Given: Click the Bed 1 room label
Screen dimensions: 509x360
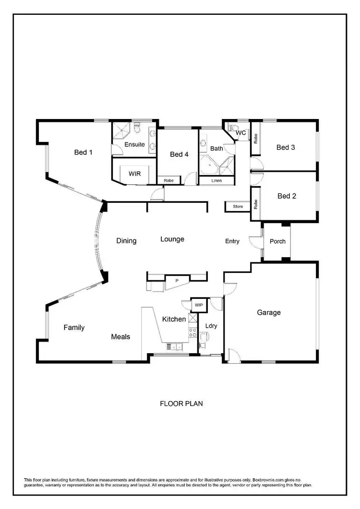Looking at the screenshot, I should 83,153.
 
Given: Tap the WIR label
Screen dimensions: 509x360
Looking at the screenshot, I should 134,174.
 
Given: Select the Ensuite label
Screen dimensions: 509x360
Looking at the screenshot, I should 134,144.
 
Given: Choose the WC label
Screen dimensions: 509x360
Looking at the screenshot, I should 241,133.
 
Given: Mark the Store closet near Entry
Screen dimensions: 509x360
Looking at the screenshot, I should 238,207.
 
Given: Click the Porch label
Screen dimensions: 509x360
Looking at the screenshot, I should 277,241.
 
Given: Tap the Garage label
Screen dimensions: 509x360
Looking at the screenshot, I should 269,312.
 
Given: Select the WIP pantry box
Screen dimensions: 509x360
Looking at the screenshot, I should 199,305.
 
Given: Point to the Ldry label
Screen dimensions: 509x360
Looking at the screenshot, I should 211,326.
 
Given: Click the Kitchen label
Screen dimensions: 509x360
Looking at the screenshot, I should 174,319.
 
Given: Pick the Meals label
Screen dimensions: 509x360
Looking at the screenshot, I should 120,337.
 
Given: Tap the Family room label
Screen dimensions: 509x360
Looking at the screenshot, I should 74,328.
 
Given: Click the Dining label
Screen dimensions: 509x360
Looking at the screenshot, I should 126,241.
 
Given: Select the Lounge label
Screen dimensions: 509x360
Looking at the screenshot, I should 172,239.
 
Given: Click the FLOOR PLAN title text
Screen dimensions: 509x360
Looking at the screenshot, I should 181,403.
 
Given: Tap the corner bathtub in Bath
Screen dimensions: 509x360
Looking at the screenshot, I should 208,166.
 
